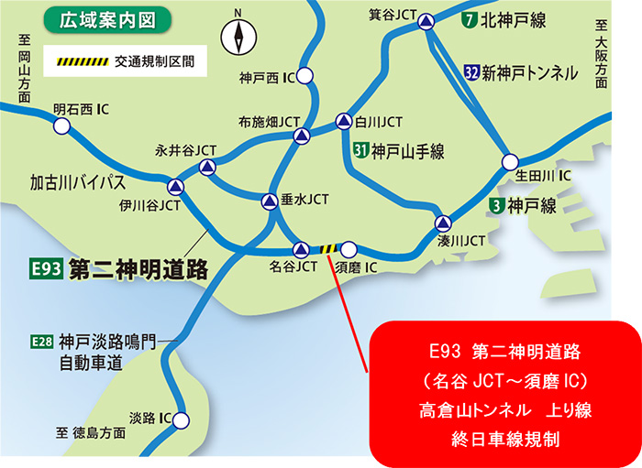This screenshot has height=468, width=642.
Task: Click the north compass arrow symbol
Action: tap(238, 38)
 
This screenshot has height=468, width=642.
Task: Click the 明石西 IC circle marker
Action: tap(61, 127)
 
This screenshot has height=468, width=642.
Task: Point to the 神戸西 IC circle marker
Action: tap(304, 77)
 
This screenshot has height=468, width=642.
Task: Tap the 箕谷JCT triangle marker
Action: tap(426, 20)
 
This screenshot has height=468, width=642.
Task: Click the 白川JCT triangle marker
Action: tap(343, 120)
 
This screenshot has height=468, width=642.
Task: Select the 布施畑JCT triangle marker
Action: tap(301, 136)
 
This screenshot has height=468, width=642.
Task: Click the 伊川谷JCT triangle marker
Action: tap(175, 187)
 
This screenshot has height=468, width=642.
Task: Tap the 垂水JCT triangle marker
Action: tap(269, 201)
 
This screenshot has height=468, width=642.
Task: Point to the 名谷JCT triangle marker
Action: tap(301, 248)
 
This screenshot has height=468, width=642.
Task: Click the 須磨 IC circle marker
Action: tap(349, 248)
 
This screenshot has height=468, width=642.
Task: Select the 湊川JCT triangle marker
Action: tap(443, 223)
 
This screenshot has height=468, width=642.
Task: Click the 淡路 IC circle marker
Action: tap(182, 420)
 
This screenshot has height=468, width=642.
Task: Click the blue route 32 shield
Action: tap(471, 71)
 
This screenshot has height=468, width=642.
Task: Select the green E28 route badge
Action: tap(42, 342)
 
